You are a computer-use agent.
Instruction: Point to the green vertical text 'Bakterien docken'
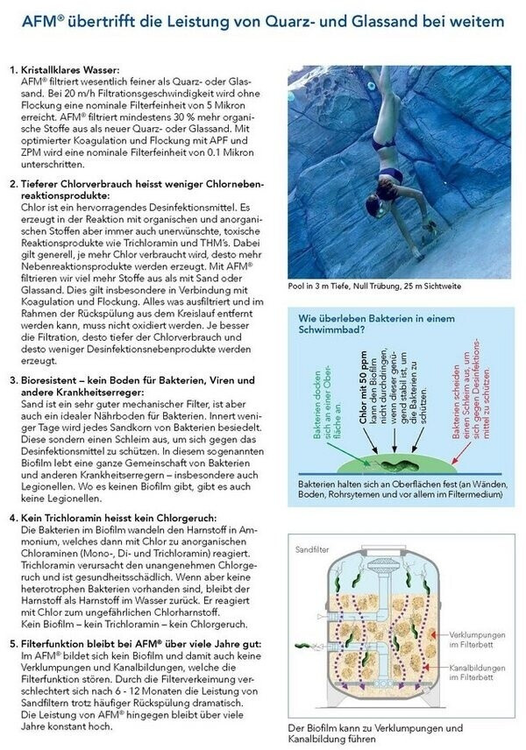point(311,394)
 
